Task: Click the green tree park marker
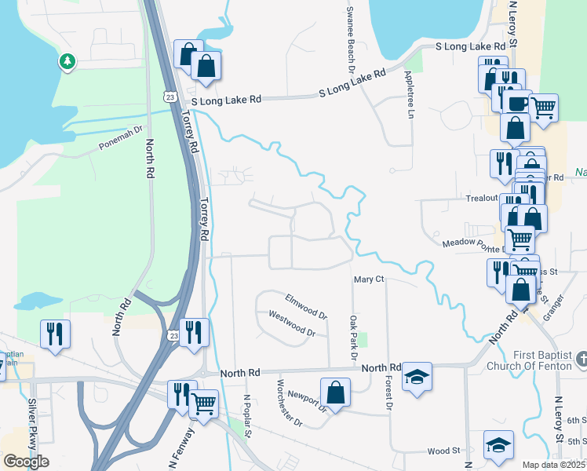67,61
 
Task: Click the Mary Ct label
368,279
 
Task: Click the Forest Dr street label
388,392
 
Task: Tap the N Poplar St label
246,417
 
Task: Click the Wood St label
443,451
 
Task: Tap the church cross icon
581,360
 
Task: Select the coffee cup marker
516,104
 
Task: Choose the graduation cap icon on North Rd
417,377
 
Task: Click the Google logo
26,462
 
